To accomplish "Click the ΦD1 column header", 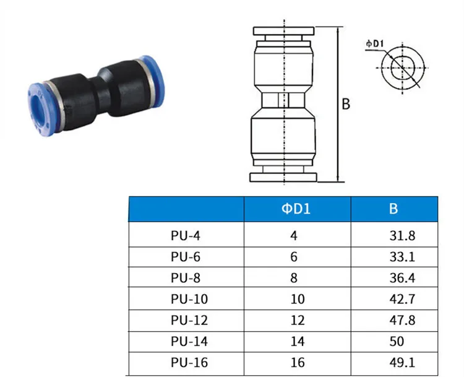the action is point(296,209).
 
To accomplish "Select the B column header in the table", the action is point(393,209).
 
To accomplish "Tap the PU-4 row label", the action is point(186,236).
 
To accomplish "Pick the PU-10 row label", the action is point(189,299).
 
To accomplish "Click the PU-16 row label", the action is point(189,363).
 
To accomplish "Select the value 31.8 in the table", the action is point(403,236).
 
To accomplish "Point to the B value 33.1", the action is point(403,257).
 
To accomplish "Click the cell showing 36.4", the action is point(403,278).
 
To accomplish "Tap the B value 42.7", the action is point(403,299).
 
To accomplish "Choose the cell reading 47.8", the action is point(403,321).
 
